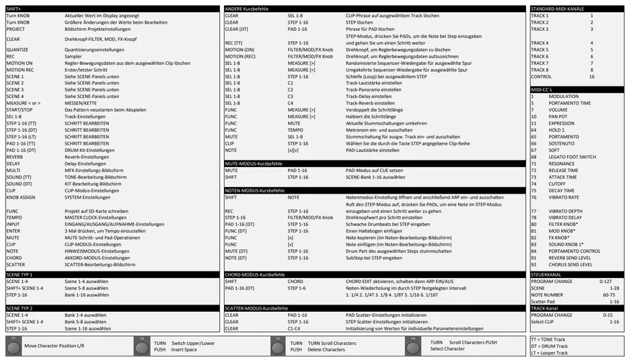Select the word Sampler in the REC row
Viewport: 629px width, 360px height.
74,56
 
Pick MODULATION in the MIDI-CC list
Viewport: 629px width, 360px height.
563,96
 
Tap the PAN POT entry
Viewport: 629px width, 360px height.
558,116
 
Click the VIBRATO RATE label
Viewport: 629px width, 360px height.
563,197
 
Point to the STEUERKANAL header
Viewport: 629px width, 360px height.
546,274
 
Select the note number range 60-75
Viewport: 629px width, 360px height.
610,294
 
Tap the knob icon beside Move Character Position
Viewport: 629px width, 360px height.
14,345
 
